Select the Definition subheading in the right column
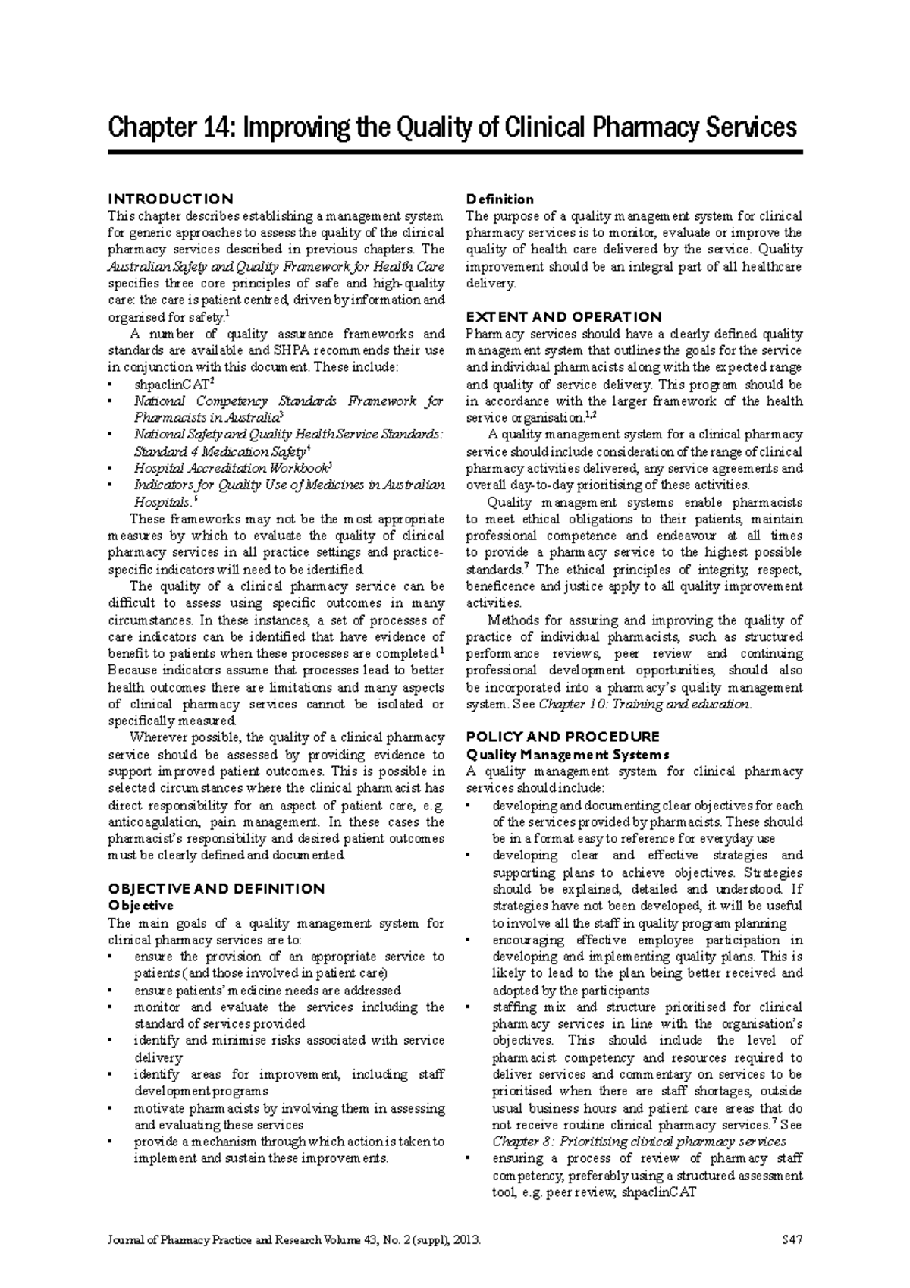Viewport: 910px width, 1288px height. point(500,199)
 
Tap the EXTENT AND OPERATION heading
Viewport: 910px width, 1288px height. point(563,316)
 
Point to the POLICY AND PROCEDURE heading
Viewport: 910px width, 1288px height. point(562,737)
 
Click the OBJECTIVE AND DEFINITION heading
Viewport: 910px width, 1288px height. point(216,888)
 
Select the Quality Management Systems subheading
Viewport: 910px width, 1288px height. point(567,754)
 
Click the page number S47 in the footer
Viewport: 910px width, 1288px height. point(791,1241)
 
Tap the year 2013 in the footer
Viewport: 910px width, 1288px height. point(467,1241)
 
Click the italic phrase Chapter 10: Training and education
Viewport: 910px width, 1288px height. point(644,704)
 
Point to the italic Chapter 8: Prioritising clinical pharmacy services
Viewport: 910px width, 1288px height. point(639,1141)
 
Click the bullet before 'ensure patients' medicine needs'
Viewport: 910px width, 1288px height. point(111,991)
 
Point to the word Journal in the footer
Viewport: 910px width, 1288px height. point(125,1241)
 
